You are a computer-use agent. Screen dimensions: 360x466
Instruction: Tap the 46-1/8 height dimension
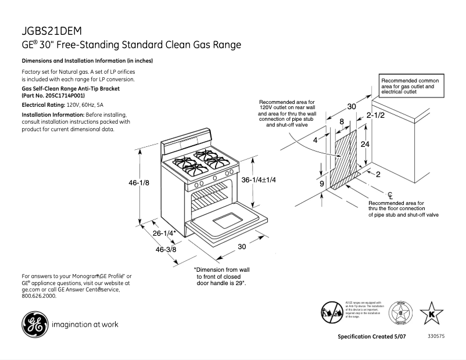139,183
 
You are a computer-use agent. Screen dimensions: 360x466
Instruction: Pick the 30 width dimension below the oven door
243,246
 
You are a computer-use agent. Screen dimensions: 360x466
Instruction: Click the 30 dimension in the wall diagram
352,106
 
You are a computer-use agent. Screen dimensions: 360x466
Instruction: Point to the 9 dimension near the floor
322,184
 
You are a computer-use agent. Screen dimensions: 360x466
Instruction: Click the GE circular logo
34,323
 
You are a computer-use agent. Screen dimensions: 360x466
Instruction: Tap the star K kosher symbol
431,314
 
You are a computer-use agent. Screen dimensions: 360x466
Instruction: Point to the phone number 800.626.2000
39,296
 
